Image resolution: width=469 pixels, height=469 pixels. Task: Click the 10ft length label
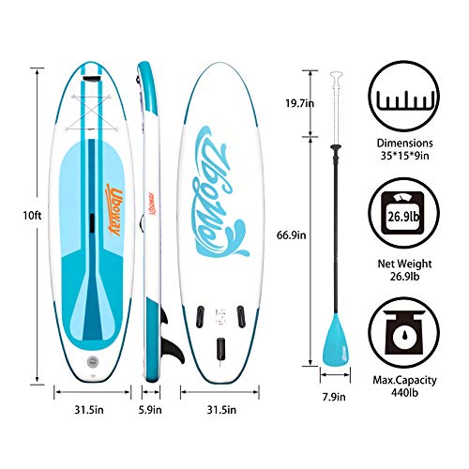tap(32, 216)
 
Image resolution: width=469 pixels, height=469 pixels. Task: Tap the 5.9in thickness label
tap(150, 410)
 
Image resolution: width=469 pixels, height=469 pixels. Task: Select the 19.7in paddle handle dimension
tap(299, 103)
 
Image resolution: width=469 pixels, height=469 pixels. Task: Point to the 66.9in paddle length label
tap(291, 235)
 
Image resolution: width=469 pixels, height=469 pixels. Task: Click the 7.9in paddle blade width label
tap(334, 397)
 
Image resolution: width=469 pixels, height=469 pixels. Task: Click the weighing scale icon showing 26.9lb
tap(403, 214)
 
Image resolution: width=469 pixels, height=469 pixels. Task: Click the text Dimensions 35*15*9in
tap(404, 149)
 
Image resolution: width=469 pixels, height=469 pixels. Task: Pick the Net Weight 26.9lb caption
tap(404, 270)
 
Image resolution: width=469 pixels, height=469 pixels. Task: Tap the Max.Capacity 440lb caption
tap(404, 386)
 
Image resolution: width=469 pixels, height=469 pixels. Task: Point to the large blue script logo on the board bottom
tap(219, 191)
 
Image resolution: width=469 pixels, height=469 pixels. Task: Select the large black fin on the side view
tap(172, 351)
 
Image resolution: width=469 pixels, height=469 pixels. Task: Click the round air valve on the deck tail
tap(93, 362)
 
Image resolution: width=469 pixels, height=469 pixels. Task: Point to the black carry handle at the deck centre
tap(92, 223)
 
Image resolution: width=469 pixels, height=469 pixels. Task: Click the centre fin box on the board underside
tap(220, 348)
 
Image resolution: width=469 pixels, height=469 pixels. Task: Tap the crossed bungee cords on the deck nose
tap(91, 112)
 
